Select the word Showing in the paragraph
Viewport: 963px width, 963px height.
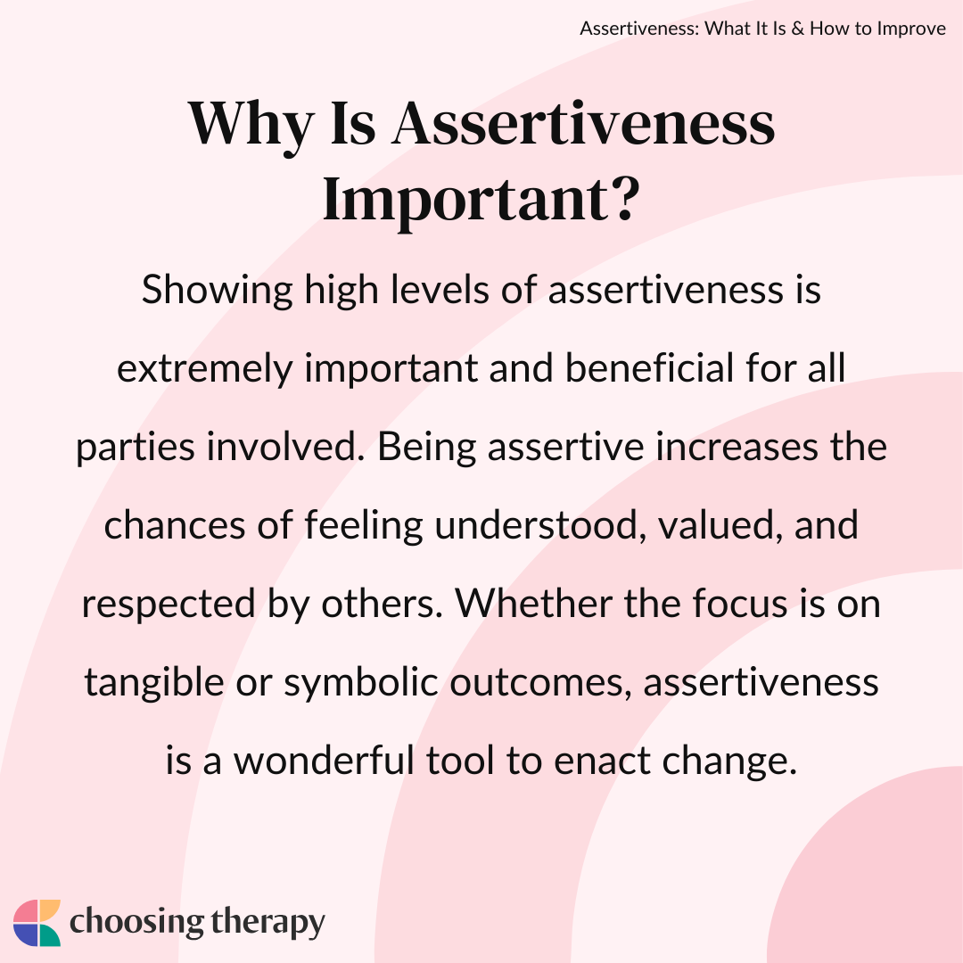tap(218, 291)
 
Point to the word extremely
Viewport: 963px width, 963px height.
tap(204, 369)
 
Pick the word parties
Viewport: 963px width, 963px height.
tap(136, 448)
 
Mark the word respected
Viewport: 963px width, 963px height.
tap(169, 605)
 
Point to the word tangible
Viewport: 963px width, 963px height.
tap(154, 683)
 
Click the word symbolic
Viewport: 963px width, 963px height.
tap(360, 683)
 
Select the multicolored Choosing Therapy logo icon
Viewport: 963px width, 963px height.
tap(37, 923)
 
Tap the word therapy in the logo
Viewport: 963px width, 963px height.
tap(267, 923)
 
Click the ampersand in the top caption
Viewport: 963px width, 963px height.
tap(798, 29)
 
